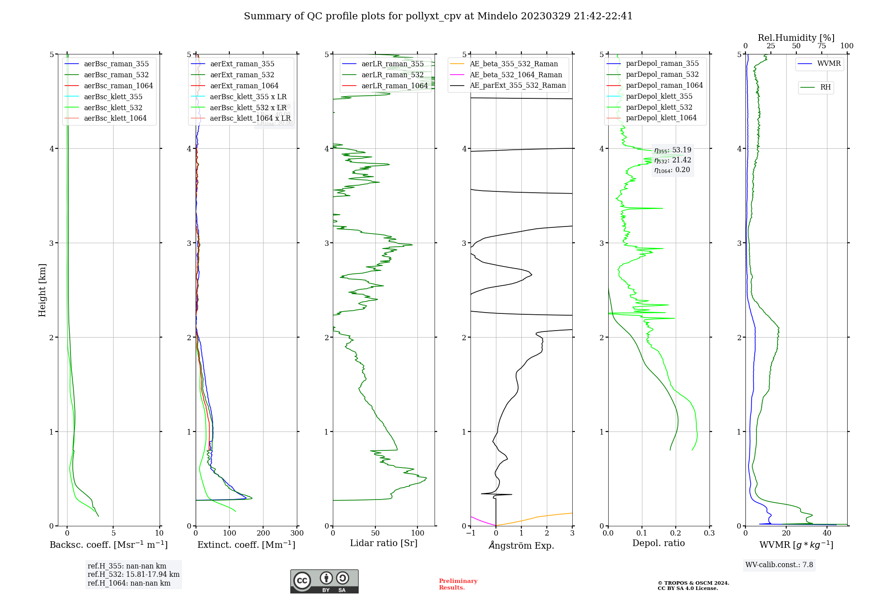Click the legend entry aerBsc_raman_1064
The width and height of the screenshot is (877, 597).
(118, 86)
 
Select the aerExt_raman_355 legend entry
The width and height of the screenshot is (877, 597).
(242, 64)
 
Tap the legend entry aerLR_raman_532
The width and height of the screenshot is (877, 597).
(392, 75)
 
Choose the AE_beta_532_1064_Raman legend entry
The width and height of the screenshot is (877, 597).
(516, 75)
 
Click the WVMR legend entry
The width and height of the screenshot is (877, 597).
(829, 64)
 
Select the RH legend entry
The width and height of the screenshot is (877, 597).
(825, 87)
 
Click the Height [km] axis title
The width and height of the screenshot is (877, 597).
(42, 290)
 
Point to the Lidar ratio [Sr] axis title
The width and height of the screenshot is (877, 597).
(384, 543)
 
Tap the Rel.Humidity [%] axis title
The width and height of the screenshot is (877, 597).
(796, 38)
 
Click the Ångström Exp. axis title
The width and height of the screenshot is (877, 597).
(521, 545)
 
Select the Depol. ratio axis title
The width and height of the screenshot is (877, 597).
(658, 543)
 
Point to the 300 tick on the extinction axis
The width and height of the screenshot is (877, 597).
(297, 533)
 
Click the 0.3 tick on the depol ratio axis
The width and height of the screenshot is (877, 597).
(709, 533)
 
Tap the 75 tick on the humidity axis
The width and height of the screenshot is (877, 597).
(821, 46)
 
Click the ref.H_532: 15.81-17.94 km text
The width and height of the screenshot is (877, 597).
(133, 574)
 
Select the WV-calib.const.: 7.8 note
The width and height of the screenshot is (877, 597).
(779, 565)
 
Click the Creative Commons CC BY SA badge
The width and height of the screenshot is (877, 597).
(324, 581)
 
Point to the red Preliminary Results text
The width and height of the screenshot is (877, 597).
(458, 584)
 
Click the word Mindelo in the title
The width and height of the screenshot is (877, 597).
(497, 16)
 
